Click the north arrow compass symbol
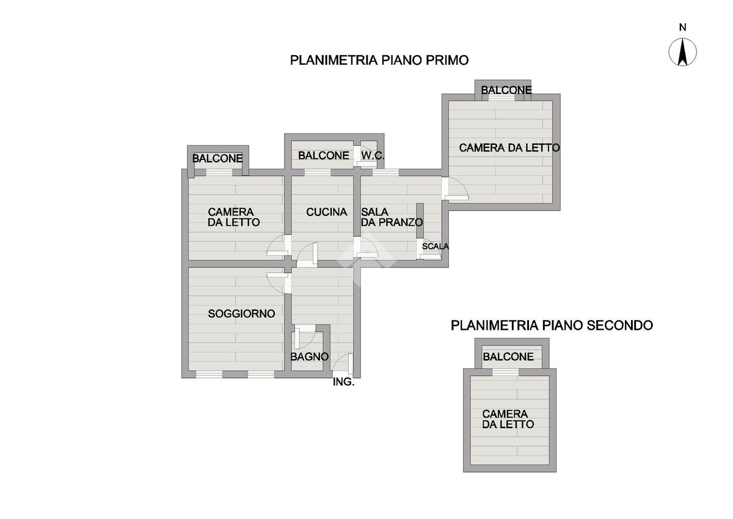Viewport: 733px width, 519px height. coord(683,52)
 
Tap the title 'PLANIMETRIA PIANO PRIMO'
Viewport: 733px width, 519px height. coord(379,60)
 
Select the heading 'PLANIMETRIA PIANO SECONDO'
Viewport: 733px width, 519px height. coord(552,325)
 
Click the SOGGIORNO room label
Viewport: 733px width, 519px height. coord(241,314)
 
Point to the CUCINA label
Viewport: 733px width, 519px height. coord(326,212)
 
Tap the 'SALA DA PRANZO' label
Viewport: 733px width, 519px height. coord(391,217)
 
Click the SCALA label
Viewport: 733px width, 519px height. coord(435,247)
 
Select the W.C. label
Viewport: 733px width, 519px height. coord(372,156)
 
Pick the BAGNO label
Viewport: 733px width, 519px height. coord(310,357)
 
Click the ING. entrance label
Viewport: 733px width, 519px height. coord(343,383)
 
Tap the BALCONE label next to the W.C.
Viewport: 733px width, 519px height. coord(323,156)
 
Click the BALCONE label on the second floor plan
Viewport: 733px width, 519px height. coord(508,357)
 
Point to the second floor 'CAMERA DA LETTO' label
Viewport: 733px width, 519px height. coord(508,419)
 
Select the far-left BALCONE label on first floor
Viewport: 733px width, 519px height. coord(217,159)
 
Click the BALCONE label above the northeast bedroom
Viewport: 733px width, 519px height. coord(506,90)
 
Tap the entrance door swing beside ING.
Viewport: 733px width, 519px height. coord(343,365)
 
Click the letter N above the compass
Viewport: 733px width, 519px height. coord(683,27)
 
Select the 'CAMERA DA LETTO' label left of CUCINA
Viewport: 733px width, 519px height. coord(233,217)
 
